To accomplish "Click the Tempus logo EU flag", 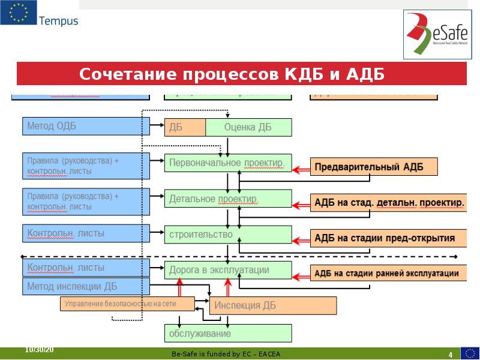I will pyautogui.click(x=18, y=13).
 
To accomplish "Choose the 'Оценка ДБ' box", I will pyautogui.click(x=248, y=127).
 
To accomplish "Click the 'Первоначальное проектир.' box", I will pyautogui.click(x=228, y=163).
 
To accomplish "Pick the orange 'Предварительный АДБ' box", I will pyautogui.click(x=373, y=167).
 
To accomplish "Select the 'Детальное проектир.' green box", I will pyautogui.click(x=228, y=199).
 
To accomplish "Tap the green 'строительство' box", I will pyautogui.click(x=228, y=235).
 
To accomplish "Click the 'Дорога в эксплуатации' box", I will pyautogui.click(x=228, y=271).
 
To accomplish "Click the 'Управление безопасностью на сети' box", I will pyautogui.click(x=127, y=304).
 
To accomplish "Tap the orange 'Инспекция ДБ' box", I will pyautogui.click(x=273, y=305).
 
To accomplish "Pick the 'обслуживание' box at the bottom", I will pyautogui.click(x=228, y=333).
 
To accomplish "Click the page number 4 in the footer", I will pyautogui.click(x=450, y=353).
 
